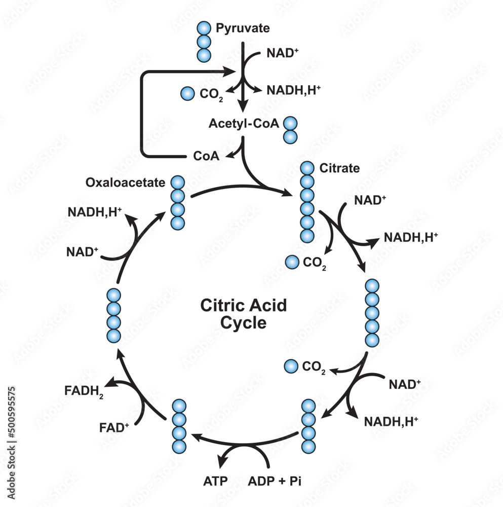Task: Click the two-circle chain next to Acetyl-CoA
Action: coord(290,130)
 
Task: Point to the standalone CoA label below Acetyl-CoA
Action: coord(207,156)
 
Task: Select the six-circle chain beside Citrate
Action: coord(307,202)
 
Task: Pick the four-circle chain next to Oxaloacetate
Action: coord(177,203)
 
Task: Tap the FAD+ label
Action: coord(114,427)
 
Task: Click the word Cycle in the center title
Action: coord(244,322)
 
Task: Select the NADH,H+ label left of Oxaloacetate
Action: coord(94,212)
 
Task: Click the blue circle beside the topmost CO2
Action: coord(187,93)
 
